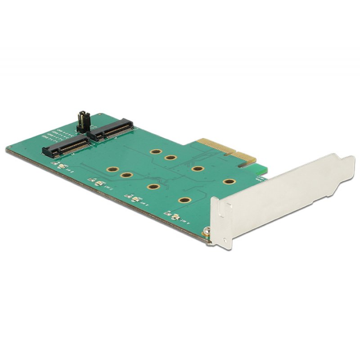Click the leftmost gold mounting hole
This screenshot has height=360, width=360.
tap(111, 170)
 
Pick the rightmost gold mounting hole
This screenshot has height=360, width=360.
tap(229, 182)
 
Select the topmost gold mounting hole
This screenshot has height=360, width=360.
tap(156, 153)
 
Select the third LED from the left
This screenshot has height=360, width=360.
tap(132, 198)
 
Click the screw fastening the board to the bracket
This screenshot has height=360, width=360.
tap(206, 232)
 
